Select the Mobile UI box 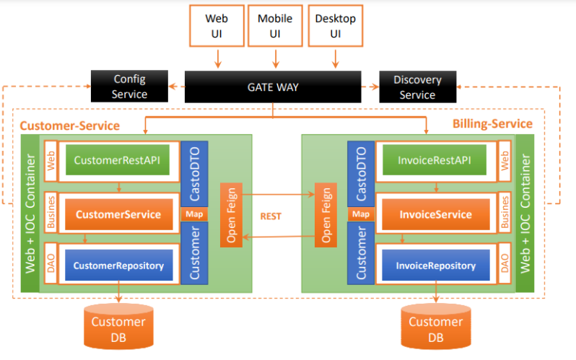(x=275, y=26)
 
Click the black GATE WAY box (x=273, y=87)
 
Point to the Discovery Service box (x=417, y=87)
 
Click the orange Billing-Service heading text (x=492, y=124)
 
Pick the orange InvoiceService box (x=435, y=214)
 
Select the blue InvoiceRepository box (x=435, y=265)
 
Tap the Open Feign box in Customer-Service (x=231, y=216)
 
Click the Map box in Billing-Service (x=360, y=214)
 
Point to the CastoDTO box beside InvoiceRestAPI (x=360, y=173)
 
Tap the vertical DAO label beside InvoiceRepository (x=506, y=265)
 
